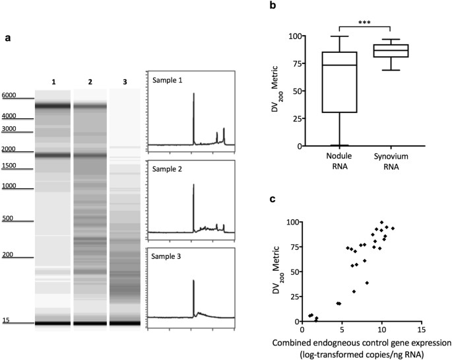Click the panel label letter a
point(8,38)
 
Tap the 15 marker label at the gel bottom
point(6,320)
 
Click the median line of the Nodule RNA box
point(339,65)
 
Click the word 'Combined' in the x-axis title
point(294,343)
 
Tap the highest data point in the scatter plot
point(381,223)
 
